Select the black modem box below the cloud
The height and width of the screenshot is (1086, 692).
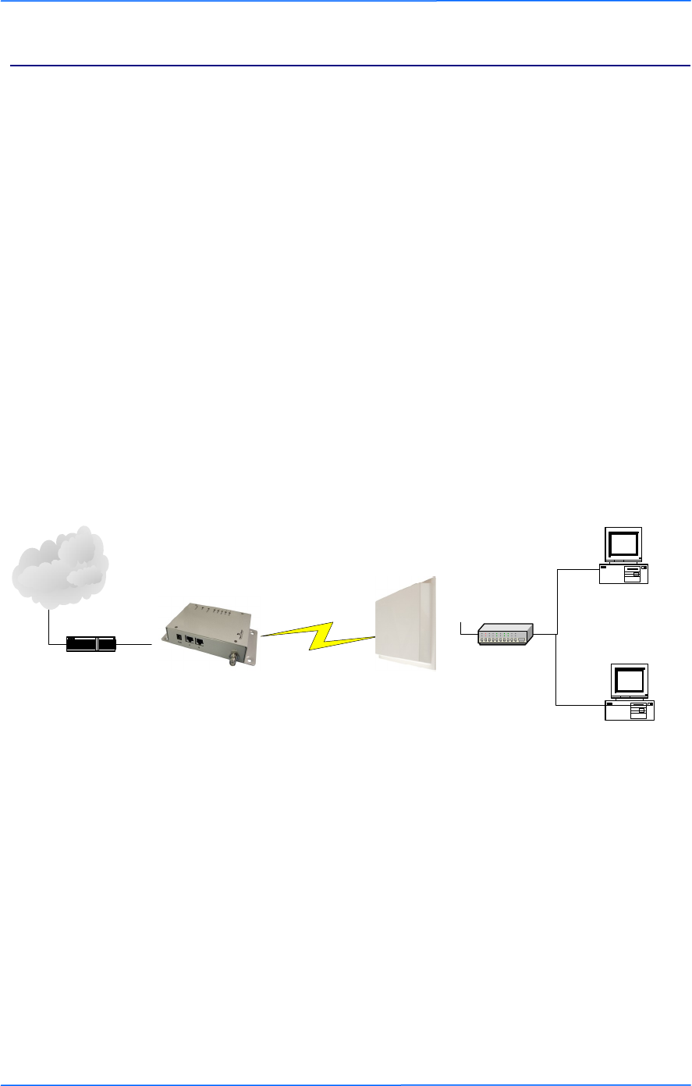pyautogui.click(x=91, y=644)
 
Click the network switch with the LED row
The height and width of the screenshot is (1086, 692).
pyautogui.click(x=506, y=633)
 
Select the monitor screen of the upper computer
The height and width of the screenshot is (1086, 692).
pyautogui.click(x=624, y=543)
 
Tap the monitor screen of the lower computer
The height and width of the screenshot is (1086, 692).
pyautogui.click(x=630, y=681)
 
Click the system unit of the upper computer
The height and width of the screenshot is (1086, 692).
pyautogui.click(x=624, y=574)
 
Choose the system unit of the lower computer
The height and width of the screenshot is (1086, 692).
pyautogui.click(x=630, y=710)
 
